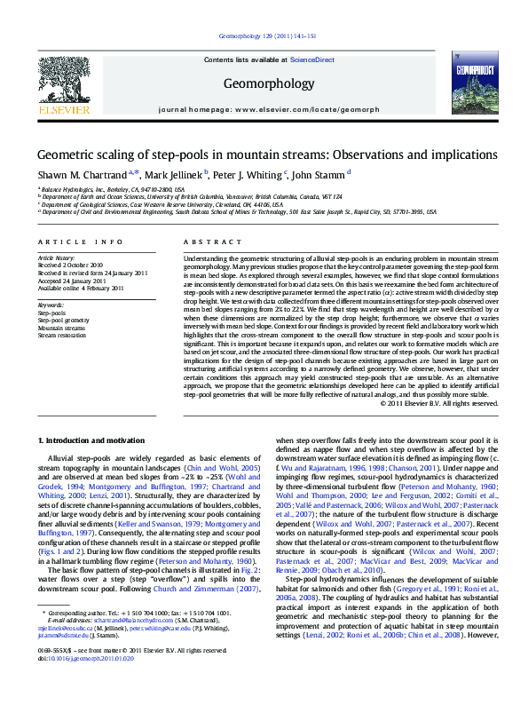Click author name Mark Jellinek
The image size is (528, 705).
(x=175, y=173)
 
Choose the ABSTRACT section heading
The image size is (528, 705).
(x=206, y=242)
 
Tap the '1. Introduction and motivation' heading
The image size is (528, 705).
(x=92, y=440)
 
